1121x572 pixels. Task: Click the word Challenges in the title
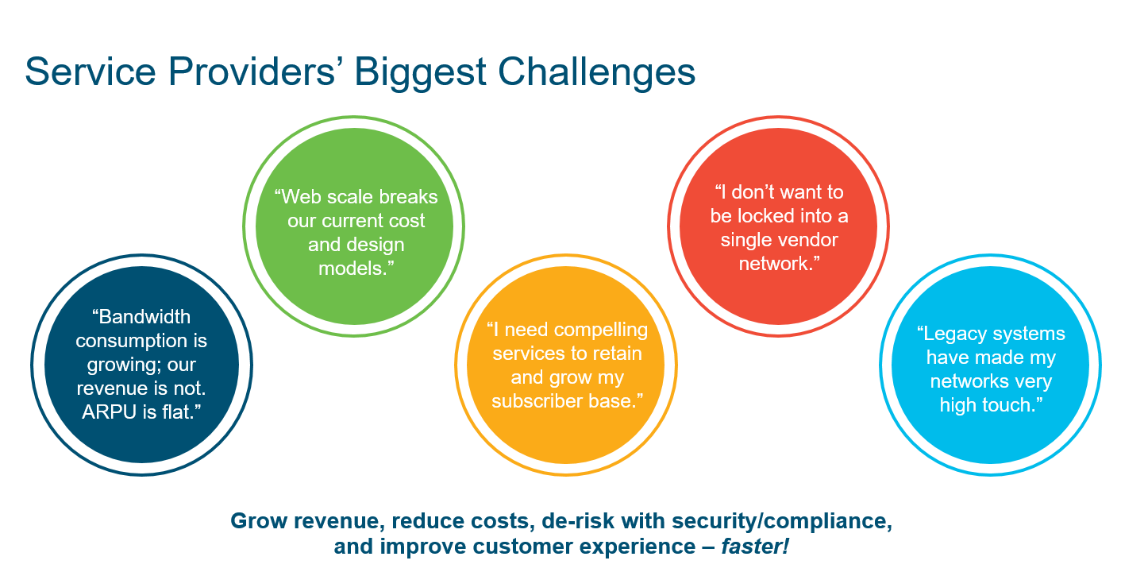596,72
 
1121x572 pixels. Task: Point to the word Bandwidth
144,317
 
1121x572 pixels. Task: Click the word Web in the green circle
302,197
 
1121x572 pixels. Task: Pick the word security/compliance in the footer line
781,522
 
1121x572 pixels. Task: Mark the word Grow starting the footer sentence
256,522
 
